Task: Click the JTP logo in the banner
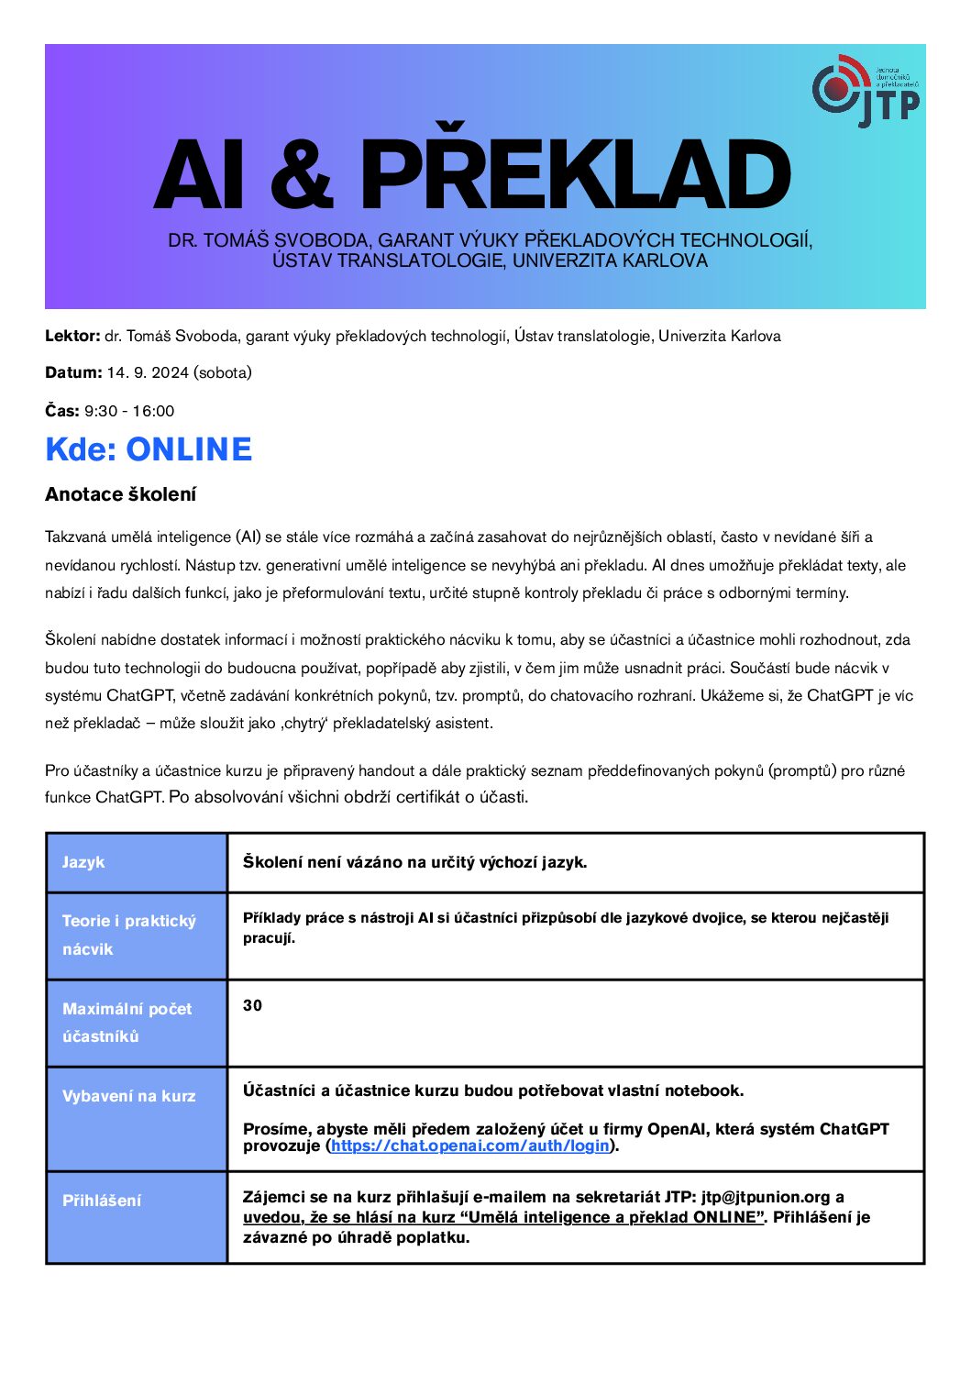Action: pyautogui.click(x=866, y=91)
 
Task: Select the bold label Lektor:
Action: pyautogui.click(x=72, y=336)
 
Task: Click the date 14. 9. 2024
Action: pyautogui.click(x=148, y=372)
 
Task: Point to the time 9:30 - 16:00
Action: pyautogui.click(x=129, y=411)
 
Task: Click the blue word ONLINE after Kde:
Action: pyautogui.click(x=189, y=449)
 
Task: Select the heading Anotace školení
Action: pyautogui.click(x=120, y=494)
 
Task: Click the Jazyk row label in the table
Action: pyautogui.click(x=83, y=862)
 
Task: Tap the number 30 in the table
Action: pyautogui.click(x=252, y=1005)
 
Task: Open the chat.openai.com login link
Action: pyautogui.click(x=470, y=1146)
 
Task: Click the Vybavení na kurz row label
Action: pyautogui.click(x=128, y=1096)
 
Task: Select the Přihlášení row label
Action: pyautogui.click(x=102, y=1201)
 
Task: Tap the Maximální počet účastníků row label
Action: pyautogui.click(x=127, y=1022)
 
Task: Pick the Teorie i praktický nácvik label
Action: pyautogui.click(x=128, y=935)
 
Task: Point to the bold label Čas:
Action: pyautogui.click(x=62, y=411)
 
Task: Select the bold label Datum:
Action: pyautogui.click(x=73, y=372)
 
